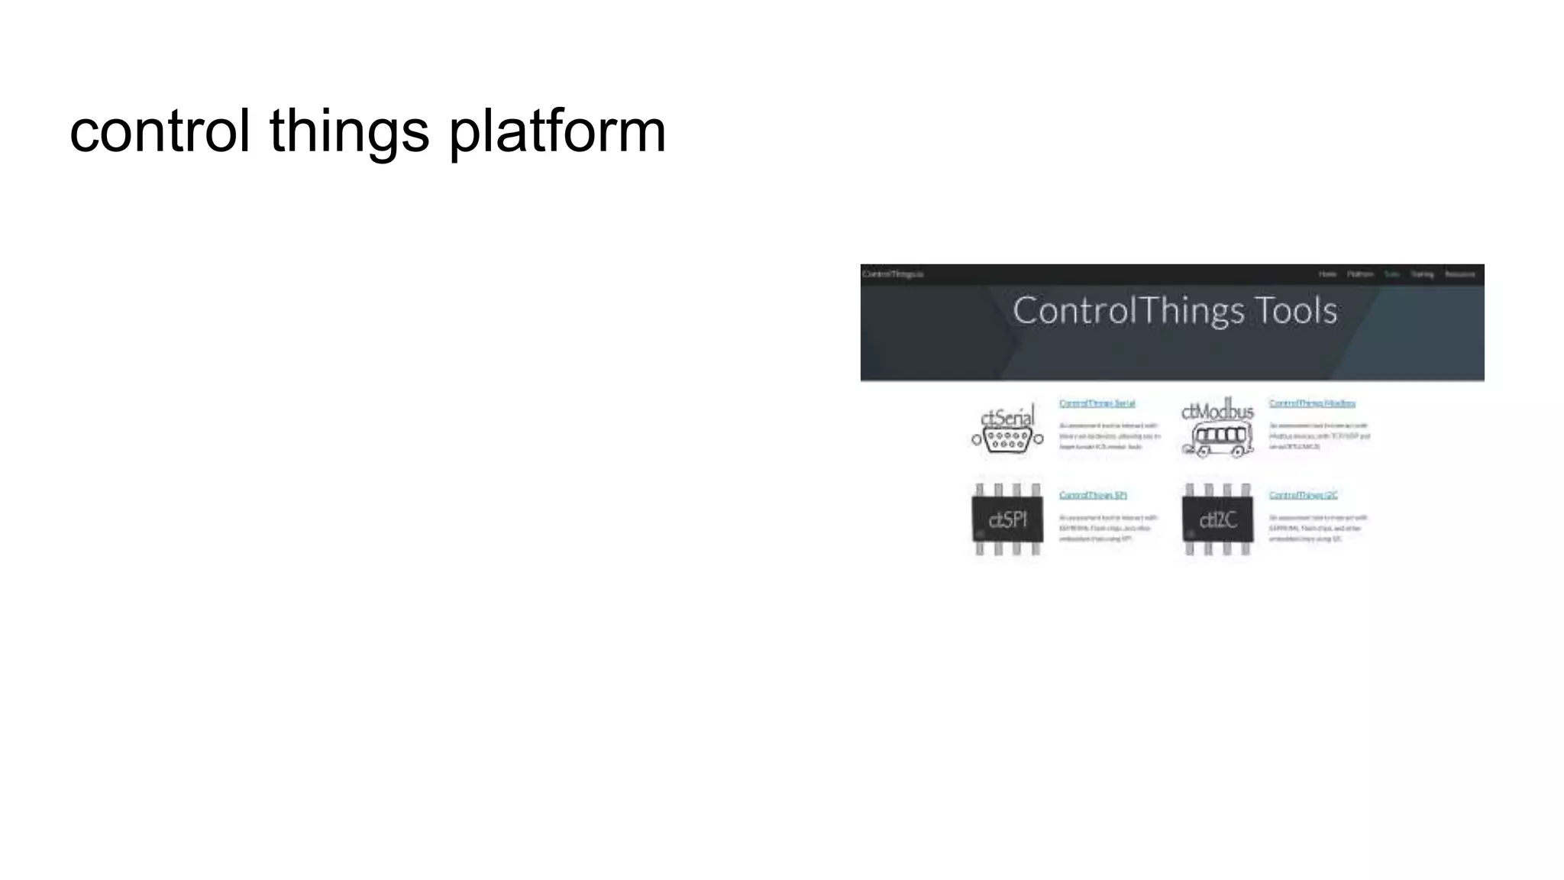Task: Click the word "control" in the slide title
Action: coord(160,131)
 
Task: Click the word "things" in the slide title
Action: coord(349,131)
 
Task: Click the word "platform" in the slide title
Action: coord(557,131)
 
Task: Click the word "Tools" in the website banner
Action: coord(1296,311)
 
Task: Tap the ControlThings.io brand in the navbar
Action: coord(893,274)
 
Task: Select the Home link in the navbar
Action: coord(1327,274)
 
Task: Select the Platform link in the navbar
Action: coord(1360,274)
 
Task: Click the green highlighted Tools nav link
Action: coord(1391,274)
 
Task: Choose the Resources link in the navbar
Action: coord(1459,274)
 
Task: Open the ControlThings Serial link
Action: coord(1097,403)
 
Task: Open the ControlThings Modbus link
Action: coord(1312,403)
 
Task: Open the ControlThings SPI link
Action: coord(1093,495)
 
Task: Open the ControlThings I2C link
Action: coord(1303,495)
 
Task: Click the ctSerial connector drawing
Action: coord(1008,439)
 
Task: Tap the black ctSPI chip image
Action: coord(1007,520)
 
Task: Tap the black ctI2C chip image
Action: coord(1218,520)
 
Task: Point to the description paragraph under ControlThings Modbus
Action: coord(1319,436)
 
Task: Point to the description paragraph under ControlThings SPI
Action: coord(1107,528)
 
